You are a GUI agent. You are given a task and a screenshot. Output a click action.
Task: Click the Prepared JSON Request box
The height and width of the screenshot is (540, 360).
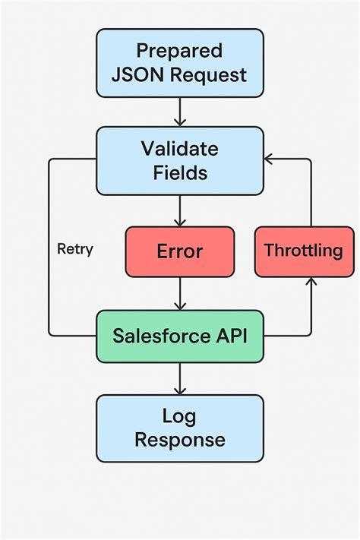180,63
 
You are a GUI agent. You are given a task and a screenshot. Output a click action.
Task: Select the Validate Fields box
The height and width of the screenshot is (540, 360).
180,160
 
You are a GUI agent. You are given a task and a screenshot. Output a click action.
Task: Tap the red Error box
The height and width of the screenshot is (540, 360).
180,251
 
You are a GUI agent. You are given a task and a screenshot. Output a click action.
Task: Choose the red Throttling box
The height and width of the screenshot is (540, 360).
302,251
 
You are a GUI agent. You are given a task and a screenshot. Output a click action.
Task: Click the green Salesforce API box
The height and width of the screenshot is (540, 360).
180,335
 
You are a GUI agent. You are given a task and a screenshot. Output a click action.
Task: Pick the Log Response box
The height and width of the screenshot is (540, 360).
180,428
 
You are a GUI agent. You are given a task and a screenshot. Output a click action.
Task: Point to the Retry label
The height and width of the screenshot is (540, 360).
75,249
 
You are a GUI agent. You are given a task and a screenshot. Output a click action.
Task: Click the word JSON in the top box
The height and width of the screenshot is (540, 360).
134,75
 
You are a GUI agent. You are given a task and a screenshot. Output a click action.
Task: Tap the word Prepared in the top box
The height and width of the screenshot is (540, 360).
180,51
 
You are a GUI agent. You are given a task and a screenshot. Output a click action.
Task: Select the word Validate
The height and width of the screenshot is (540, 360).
180,148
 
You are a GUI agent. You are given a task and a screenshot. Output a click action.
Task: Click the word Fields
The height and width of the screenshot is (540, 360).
180,172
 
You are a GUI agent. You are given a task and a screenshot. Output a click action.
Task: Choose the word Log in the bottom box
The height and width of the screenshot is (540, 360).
180,415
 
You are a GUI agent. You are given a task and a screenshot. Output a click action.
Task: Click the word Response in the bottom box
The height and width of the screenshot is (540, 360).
180,440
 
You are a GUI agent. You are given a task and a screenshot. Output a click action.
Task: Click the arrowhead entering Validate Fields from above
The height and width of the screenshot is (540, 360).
180,122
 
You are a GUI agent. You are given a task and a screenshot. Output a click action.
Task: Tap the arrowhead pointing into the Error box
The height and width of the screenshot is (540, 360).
180,221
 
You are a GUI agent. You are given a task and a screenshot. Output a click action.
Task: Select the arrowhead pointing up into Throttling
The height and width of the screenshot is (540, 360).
310,282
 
